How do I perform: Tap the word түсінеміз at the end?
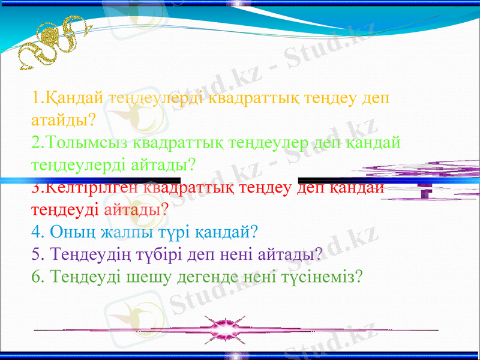coord(318,277)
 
